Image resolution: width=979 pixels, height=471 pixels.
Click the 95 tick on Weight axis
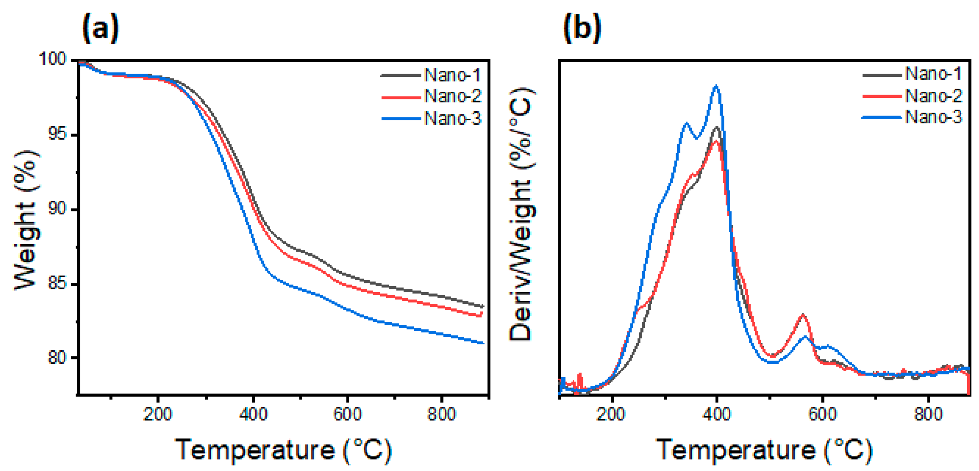57,135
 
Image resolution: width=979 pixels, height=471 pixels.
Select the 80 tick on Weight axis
57,358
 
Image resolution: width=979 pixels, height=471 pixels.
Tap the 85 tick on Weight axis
57,284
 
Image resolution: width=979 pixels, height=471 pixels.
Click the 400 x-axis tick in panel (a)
253,414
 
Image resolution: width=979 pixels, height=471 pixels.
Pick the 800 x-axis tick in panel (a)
441,414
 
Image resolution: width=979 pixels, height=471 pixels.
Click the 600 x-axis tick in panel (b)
823,414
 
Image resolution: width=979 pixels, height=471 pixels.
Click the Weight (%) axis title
26,220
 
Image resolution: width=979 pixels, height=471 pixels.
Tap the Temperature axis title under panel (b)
764,450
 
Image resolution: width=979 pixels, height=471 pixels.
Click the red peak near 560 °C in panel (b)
803,315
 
